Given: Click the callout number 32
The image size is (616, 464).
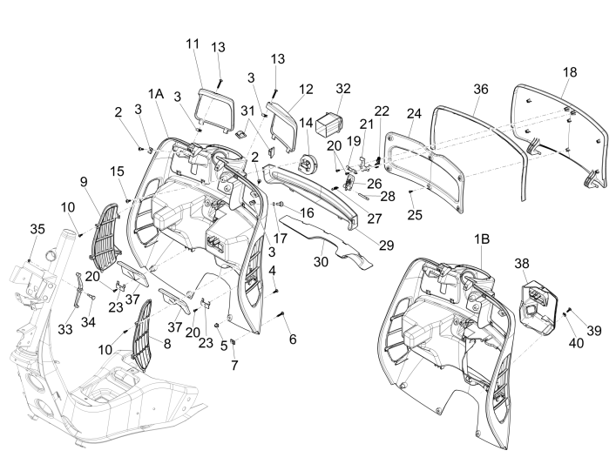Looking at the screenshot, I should pos(342,88).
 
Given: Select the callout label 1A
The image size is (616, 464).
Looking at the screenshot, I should pos(156,94).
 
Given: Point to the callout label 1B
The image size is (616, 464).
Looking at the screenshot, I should pos(482,237).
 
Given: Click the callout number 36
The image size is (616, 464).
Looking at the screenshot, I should pos(481,89).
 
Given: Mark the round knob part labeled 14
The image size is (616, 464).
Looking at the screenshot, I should pos(308,162).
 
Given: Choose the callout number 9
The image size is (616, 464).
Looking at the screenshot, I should pos(84,181).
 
